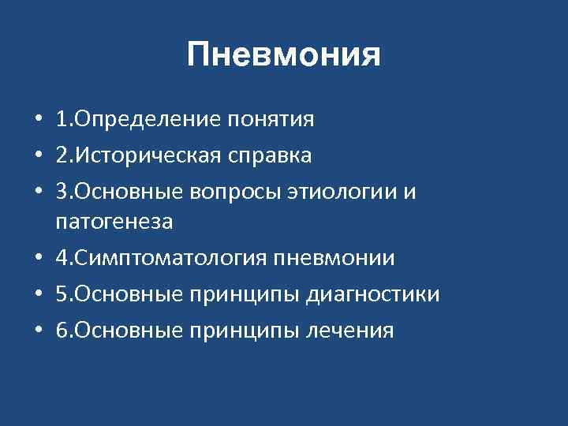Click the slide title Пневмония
(284, 56)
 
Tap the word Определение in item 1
(147, 120)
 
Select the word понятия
(271, 120)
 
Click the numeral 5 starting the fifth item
(61, 295)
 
